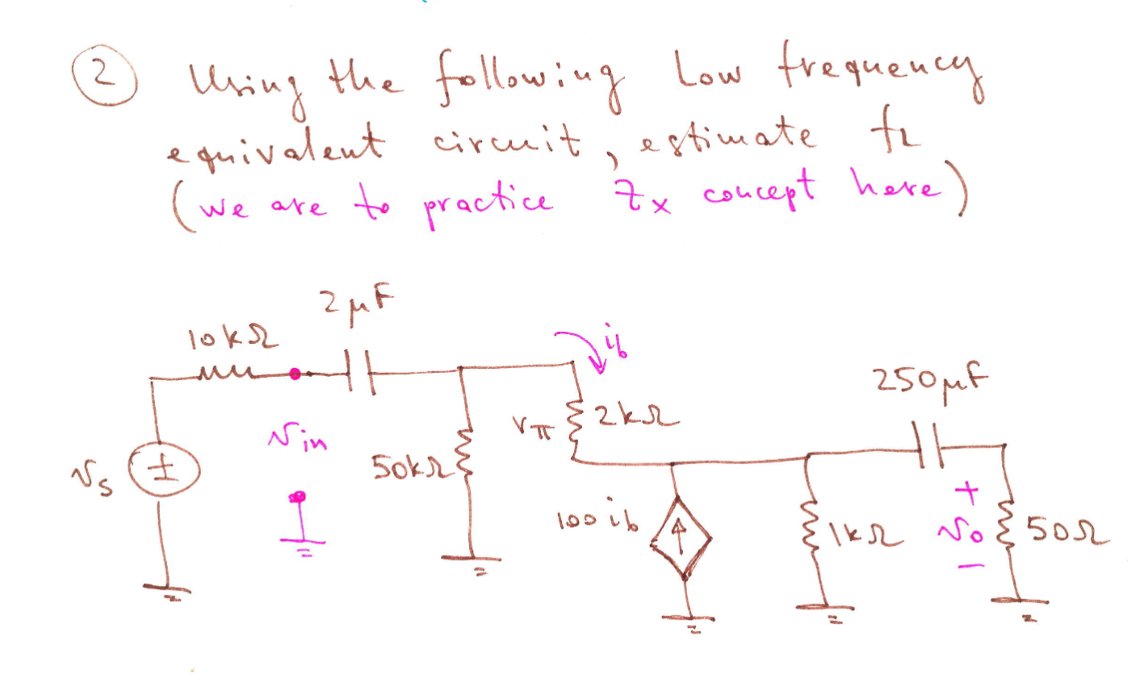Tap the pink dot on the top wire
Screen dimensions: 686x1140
click(295, 374)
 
